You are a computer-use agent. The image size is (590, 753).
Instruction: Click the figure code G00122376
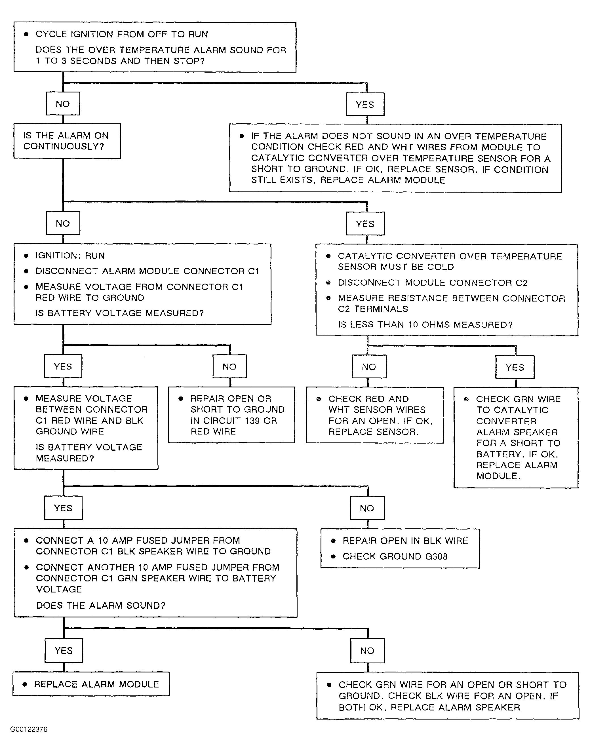point(29,729)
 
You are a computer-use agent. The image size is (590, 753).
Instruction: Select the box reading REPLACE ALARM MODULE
point(91,684)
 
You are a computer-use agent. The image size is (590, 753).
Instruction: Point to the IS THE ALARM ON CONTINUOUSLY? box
point(67,141)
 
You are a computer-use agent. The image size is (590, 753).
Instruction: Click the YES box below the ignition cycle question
point(365,104)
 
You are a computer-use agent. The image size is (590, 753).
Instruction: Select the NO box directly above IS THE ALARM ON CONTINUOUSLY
point(63,104)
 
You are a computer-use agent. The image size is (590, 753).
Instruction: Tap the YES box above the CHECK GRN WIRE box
point(515,367)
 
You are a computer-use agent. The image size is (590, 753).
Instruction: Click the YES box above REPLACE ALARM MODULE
point(64,650)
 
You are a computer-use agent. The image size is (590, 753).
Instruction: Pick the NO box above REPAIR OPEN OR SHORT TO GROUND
point(229,366)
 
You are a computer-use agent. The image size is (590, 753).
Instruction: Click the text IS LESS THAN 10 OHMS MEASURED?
point(425,325)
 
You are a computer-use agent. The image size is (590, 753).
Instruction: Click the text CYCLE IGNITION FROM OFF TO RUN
point(122,34)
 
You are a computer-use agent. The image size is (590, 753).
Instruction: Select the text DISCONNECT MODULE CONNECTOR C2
point(433,282)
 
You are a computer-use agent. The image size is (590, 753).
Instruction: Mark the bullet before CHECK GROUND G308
point(333,556)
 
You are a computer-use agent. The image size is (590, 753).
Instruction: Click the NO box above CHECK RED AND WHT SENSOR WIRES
point(369,366)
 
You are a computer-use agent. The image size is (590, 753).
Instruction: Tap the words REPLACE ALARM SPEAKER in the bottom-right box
point(455,707)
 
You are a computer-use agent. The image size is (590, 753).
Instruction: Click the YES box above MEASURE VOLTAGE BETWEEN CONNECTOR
point(63,366)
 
